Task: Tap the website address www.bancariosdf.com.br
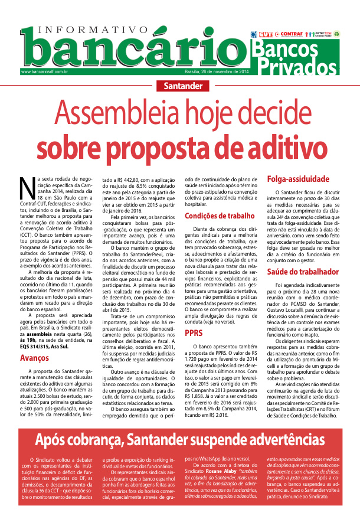[x=44, y=72]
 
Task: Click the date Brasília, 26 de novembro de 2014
[x=217, y=72]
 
